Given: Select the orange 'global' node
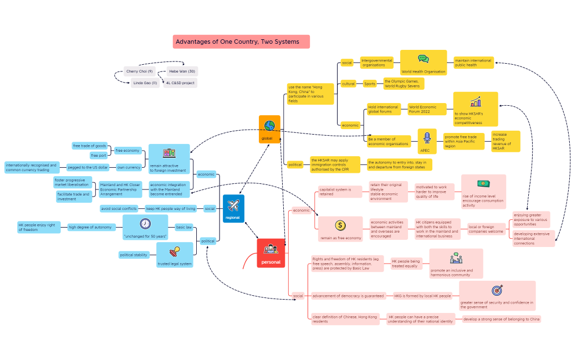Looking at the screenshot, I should pos(269,129).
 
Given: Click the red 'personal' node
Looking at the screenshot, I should pos(270,253).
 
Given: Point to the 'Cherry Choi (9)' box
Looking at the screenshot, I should pos(139,71).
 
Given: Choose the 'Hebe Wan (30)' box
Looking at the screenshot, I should pos(182,71).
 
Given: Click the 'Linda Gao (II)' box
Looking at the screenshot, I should pos(145,83).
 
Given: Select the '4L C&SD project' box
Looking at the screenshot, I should pos(180,83).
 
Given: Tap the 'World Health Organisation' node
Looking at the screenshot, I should pos(423,63).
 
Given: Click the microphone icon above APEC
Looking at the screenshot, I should pos(426,137).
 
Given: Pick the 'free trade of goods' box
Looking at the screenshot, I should pos(90,146).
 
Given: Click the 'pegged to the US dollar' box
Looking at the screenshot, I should pos(88,167).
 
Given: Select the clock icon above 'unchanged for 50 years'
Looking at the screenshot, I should pos(145,224).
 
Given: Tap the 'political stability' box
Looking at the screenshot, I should pos(134,255).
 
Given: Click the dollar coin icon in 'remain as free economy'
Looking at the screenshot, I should pos(340,225).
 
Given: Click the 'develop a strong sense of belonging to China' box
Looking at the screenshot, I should pos(502,319).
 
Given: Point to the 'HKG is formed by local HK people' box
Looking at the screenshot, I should pos(422,296).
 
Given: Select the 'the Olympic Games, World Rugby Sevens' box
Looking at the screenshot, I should pos(404,84).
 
